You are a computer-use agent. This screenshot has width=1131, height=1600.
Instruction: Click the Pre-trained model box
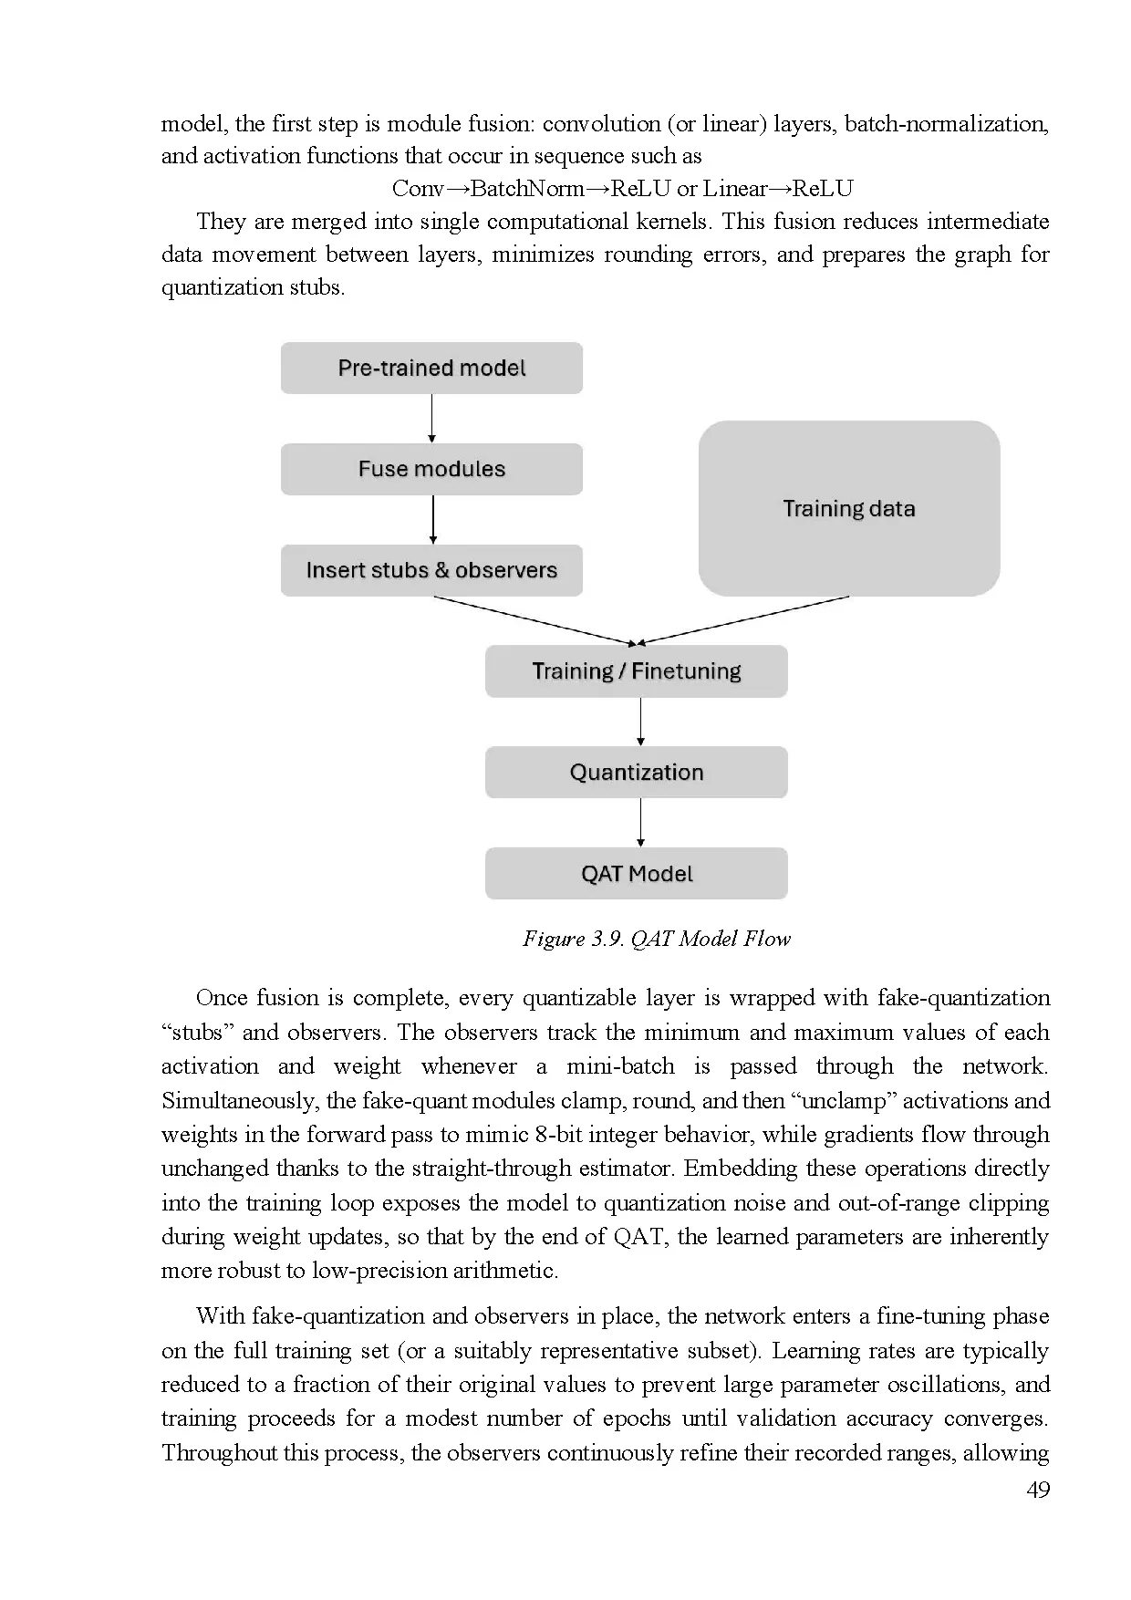431,369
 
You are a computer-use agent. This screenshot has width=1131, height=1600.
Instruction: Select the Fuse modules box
431,470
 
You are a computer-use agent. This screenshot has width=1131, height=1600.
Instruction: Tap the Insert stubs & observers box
431,571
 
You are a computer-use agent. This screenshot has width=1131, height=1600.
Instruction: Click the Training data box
849,509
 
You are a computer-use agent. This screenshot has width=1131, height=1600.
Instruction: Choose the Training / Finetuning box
637,672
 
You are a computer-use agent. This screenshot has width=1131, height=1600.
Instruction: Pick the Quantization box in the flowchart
637,773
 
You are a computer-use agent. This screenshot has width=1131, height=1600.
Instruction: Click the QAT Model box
637,874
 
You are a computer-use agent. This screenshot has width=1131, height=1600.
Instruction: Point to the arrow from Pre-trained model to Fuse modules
431,419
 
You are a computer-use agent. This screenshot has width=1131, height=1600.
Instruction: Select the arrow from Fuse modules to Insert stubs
432,520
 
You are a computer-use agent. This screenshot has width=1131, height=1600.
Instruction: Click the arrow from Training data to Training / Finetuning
743,620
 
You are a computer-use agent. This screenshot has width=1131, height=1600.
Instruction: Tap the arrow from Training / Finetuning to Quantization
640,722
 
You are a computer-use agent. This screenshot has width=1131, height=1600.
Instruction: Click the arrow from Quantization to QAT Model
640,823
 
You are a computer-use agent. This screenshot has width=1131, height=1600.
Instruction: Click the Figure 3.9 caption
656,939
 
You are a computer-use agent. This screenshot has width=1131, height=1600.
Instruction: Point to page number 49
1038,1490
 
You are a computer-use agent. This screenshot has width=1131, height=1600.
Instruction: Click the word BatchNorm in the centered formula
527,189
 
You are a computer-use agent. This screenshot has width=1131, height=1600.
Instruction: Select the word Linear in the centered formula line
735,189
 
